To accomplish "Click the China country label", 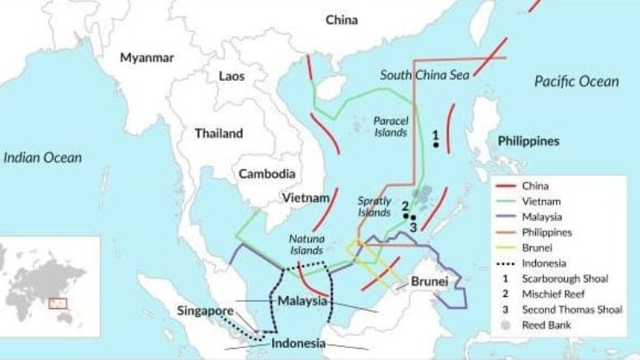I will click(x=342, y=20).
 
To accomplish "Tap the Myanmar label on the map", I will click(x=146, y=58).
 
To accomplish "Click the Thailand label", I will click(x=218, y=133).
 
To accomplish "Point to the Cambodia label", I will click(x=268, y=174).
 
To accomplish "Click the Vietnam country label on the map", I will click(x=306, y=197).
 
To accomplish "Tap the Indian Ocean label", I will click(x=42, y=158).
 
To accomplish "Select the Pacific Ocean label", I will click(x=576, y=82).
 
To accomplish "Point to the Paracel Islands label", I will click(x=390, y=126).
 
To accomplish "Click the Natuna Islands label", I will click(x=306, y=245).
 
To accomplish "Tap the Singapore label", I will click(x=206, y=310).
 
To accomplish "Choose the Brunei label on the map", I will click(x=429, y=282).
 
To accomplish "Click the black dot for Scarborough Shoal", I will click(x=436, y=145).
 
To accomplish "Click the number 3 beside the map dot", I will click(x=413, y=227).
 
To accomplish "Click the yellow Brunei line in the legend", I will click(x=506, y=248).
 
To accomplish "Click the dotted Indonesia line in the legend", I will click(x=506, y=263).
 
